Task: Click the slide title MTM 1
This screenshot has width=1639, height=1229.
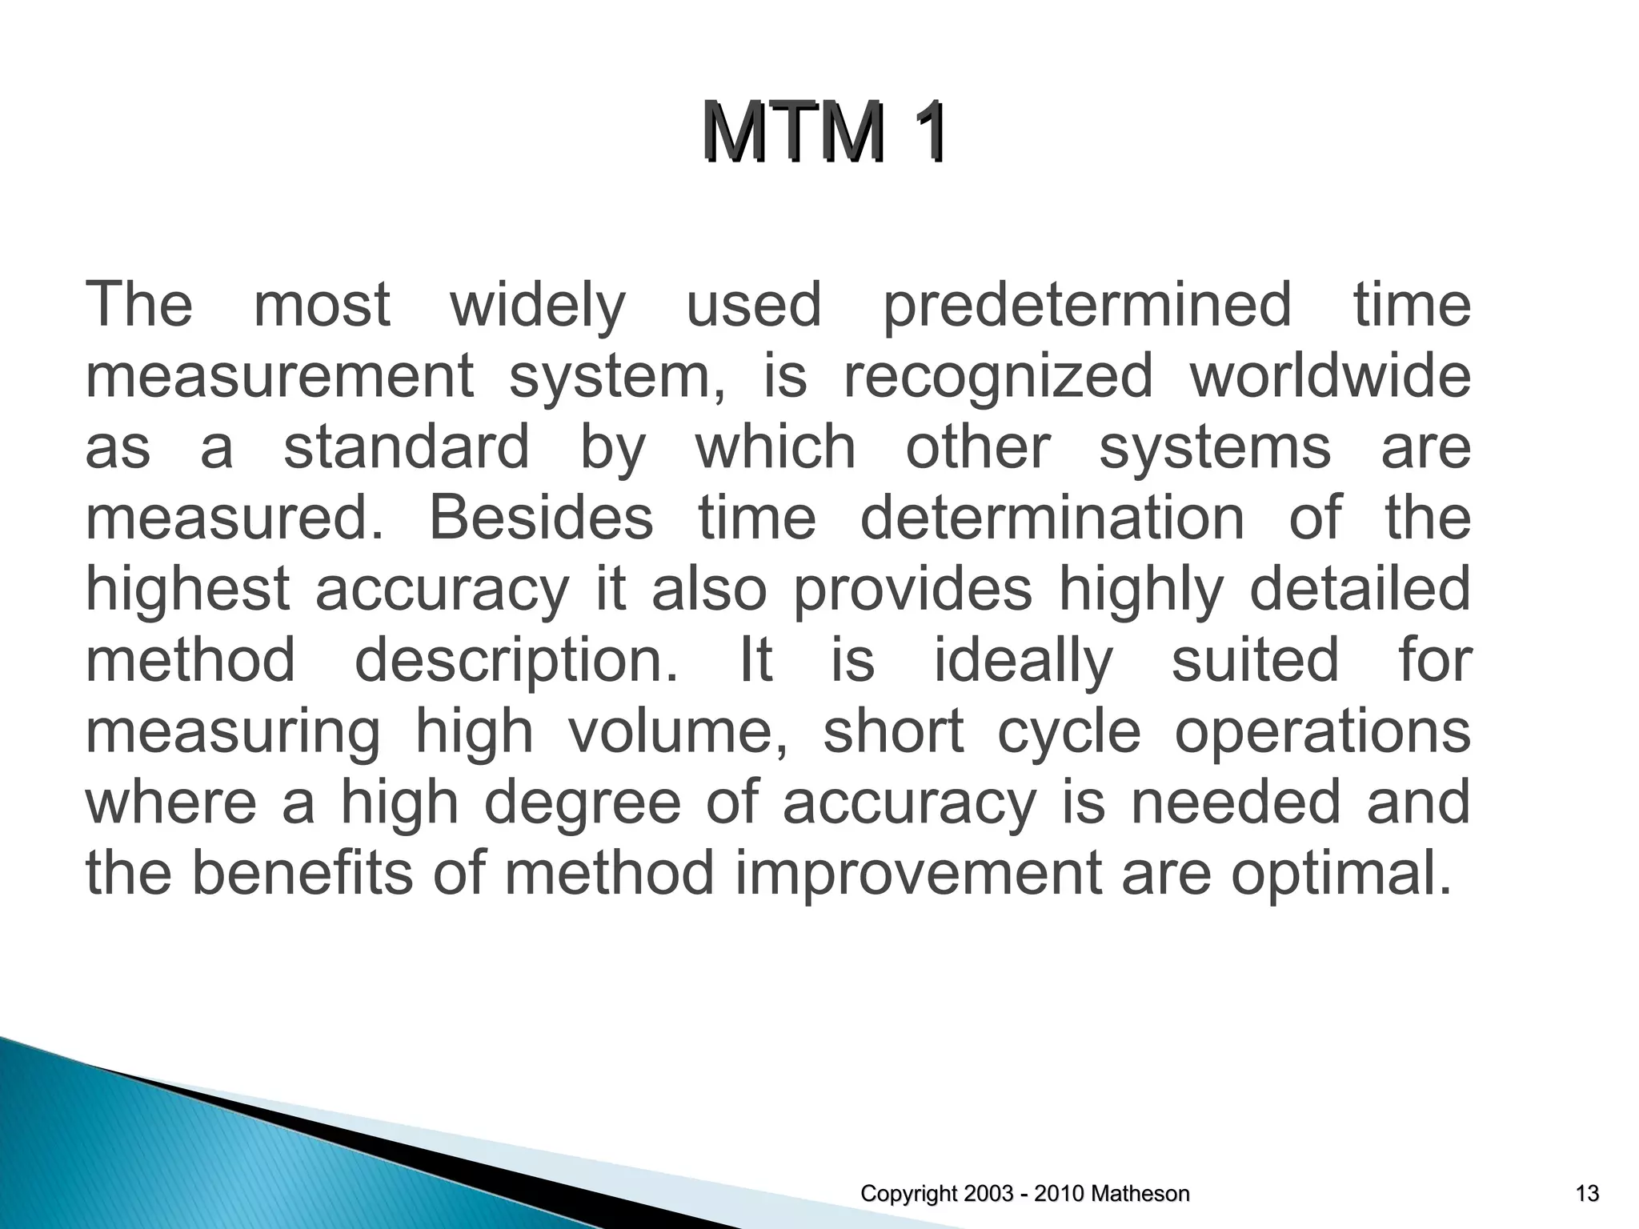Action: pos(826,132)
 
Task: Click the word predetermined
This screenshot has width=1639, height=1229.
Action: pos(1087,306)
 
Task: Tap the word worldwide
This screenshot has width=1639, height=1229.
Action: pos(1329,377)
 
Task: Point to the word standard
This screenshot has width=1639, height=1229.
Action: pos(407,446)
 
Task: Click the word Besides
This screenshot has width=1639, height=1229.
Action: pos(541,518)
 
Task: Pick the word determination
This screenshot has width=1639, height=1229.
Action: pos(1052,518)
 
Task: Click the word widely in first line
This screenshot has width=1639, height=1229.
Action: pos(537,306)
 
